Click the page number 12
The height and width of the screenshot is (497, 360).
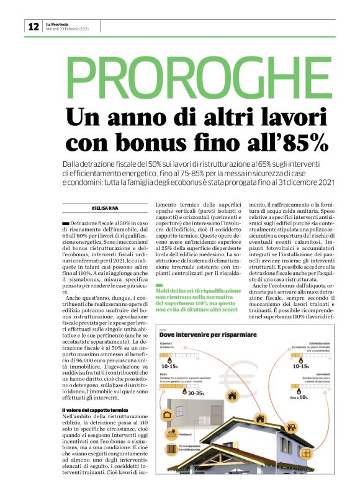click(33, 26)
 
